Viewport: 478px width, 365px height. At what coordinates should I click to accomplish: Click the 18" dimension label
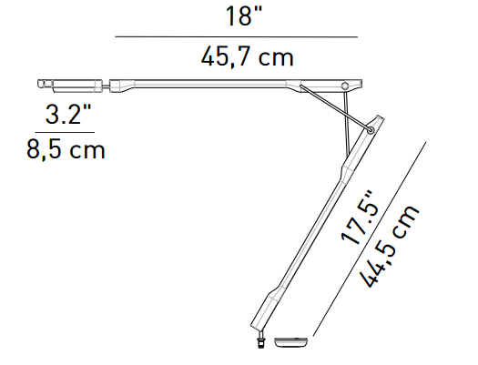coord(244,16)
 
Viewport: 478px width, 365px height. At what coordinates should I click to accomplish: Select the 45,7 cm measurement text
coord(247,57)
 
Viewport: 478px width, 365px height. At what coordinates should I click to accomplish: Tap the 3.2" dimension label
coord(68,115)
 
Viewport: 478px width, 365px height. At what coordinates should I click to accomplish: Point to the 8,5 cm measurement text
coord(66,149)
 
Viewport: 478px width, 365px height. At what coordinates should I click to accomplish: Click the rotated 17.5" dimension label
coord(361,218)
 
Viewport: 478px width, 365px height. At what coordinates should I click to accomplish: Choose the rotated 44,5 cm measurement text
coord(390,246)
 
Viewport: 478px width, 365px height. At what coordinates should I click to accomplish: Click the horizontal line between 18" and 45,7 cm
coord(236,37)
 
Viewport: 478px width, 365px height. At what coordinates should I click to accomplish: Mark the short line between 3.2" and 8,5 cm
coord(65,133)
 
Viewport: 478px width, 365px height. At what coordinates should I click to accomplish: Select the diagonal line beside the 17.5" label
coord(370,238)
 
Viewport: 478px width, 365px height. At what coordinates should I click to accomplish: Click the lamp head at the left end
coord(70,86)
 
